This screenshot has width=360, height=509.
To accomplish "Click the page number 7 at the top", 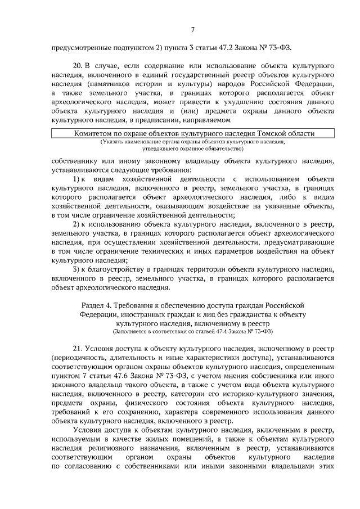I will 193,30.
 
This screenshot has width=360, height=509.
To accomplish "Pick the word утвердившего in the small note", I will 159,149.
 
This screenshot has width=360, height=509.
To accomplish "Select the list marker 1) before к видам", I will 77,178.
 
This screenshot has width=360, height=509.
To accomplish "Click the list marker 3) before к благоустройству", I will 77,269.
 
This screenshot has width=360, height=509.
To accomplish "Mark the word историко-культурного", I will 253,393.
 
